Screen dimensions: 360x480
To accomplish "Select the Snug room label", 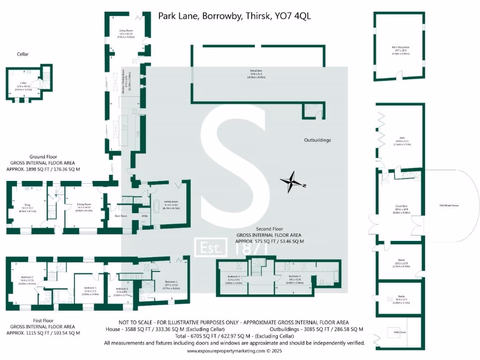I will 28,205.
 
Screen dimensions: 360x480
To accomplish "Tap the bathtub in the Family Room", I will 157,208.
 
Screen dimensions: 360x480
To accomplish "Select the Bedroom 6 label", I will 121,289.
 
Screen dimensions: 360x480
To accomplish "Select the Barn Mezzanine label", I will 400,47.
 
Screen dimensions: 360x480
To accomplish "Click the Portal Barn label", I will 255,71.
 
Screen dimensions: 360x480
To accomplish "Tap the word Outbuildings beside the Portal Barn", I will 317,140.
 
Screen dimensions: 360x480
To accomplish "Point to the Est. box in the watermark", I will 211,247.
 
